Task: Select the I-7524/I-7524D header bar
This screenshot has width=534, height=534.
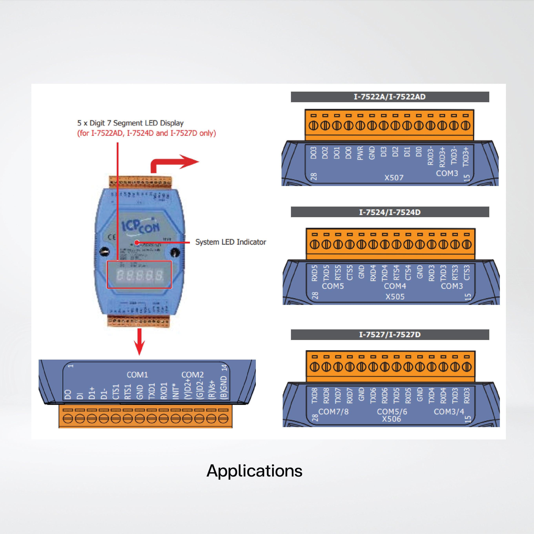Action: click(x=390, y=212)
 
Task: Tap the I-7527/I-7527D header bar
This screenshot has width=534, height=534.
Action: click(x=390, y=335)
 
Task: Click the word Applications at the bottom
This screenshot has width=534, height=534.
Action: click(x=254, y=471)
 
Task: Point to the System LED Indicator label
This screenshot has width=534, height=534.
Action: click(x=231, y=242)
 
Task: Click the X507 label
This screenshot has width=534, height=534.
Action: click(x=394, y=178)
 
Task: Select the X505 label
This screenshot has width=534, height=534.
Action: click(x=395, y=297)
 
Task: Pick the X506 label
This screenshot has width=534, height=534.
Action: click(x=391, y=419)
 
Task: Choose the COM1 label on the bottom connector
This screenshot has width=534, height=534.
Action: click(x=137, y=375)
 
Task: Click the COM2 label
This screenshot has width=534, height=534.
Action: click(x=192, y=375)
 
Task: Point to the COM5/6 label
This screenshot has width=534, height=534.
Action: click(x=392, y=412)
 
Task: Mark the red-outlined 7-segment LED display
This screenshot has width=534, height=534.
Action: click(x=139, y=275)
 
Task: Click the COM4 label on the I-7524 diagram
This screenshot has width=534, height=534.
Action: click(x=395, y=286)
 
